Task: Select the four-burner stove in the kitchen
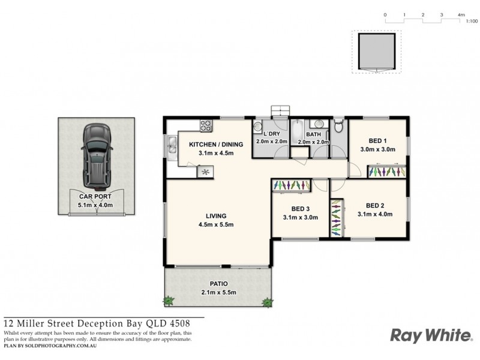point(206,126)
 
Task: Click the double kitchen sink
point(170,145)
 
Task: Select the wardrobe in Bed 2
point(337,217)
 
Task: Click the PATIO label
point(218,284)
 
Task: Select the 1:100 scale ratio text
point(471,21)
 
